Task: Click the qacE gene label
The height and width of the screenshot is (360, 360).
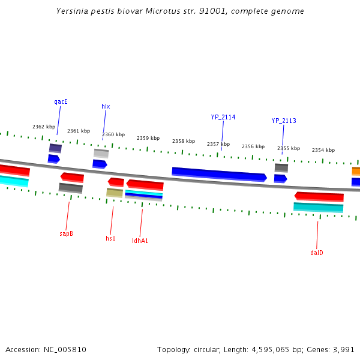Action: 61,102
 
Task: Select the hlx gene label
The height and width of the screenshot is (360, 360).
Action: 106,107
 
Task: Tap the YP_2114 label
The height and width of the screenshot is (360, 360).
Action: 223,118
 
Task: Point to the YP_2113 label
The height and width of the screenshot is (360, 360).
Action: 284,121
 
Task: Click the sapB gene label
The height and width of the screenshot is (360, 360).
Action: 66,233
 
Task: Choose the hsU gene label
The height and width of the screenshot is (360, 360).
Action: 110,239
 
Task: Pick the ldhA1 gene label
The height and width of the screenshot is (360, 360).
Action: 140,241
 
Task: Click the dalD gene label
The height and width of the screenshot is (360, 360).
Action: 317,253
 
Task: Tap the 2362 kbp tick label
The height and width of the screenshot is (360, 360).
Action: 44,127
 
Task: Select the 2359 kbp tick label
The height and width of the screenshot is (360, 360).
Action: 148,138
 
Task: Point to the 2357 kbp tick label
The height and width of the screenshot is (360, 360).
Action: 218,144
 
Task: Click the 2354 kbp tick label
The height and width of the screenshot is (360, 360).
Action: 323,150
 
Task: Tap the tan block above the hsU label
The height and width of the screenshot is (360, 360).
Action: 115,193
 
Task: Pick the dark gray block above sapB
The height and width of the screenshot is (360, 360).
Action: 71,188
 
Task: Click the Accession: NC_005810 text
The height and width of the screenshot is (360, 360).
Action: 46,349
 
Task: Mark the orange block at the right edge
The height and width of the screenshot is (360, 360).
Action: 356,171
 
